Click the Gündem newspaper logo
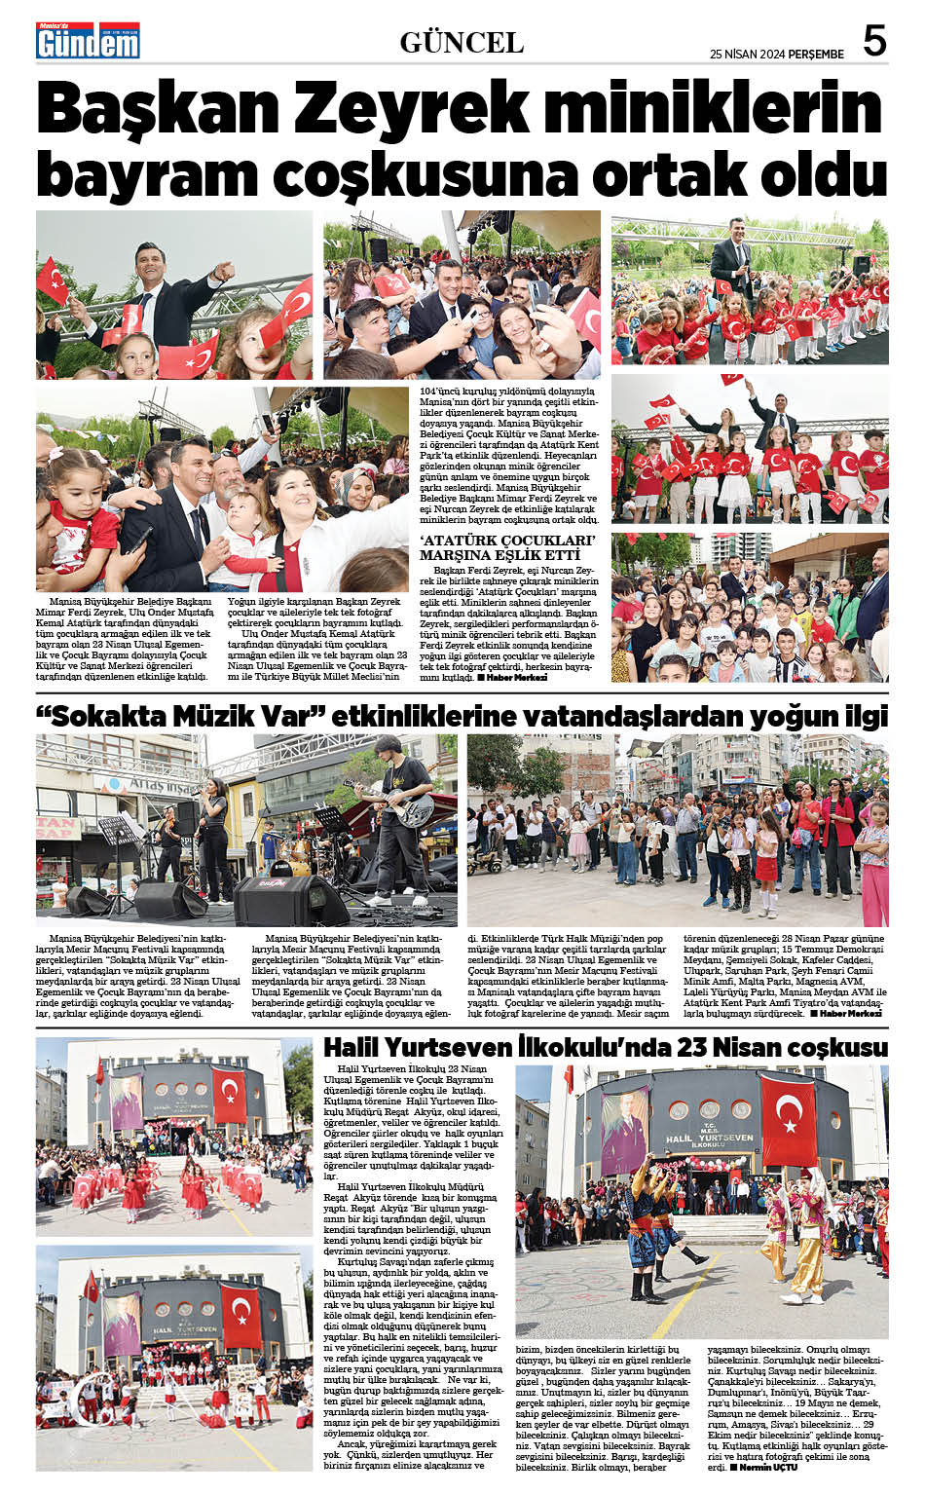pos(88,40)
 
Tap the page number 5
pos(874,41)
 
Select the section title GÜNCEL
pos(462,42)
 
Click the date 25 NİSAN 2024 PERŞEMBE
pos(776,55)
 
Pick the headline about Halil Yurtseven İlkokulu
pos(605,1047)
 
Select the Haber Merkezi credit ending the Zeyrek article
pos(516,677)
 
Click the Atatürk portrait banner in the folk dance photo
pos(624,1130)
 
